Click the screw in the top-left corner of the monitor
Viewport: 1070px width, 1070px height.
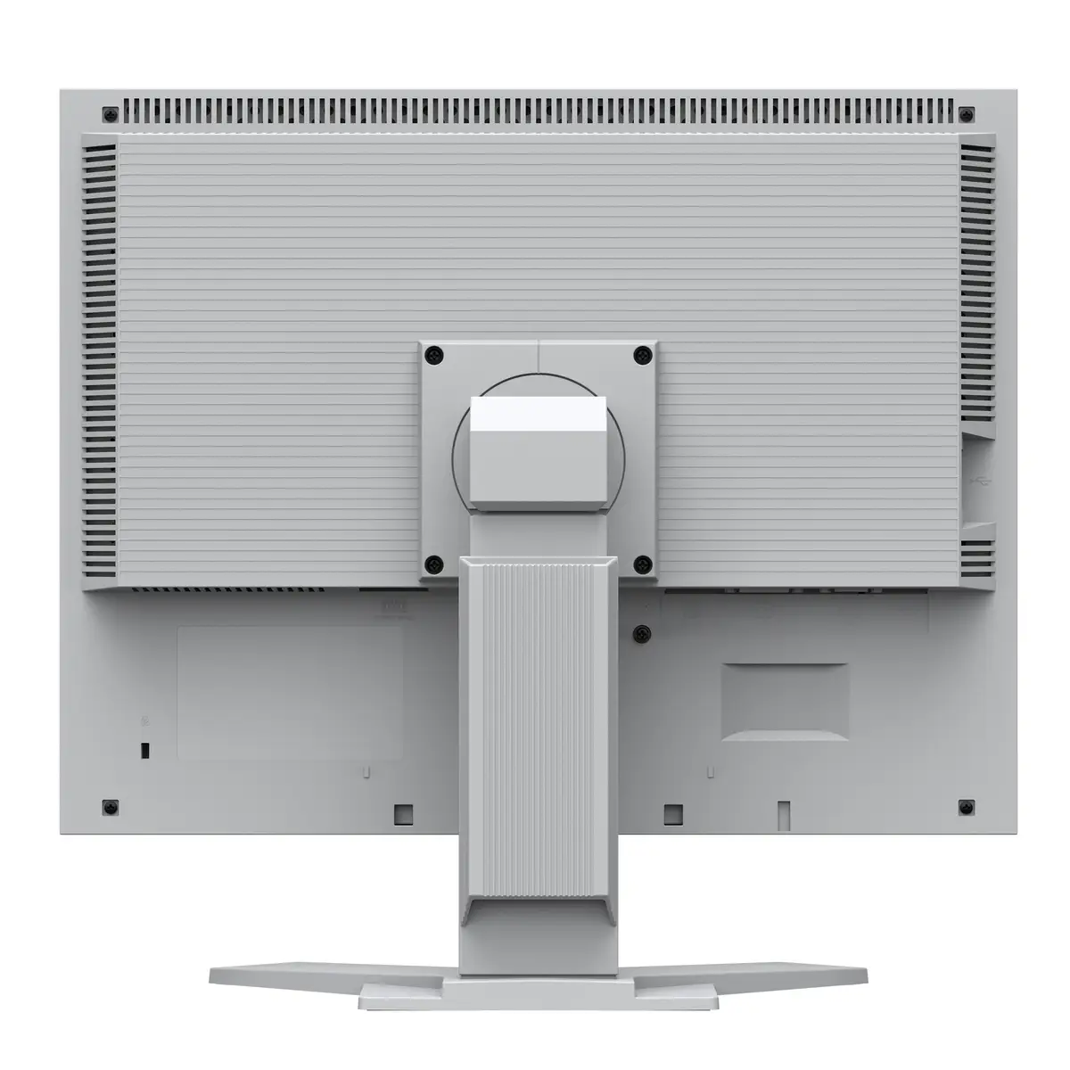tap(109, 113)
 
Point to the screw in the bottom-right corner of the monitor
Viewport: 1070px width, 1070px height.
tap(966, 806)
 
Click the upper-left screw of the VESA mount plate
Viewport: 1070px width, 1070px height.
tap(433, 355)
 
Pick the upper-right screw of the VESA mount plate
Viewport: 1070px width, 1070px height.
tap(642, 355)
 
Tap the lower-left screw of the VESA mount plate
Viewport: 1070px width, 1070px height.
tap(433, 564)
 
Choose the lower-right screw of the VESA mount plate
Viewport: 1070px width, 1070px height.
tap(642, 564)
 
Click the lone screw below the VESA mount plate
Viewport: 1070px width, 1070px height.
tap(642, 634)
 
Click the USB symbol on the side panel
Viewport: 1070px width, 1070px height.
tap(979, 481)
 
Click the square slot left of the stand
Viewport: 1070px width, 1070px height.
tap(403, 813)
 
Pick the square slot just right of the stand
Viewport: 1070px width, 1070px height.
tap(673, 813)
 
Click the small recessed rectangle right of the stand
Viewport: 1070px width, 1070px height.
tap(784, 701)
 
